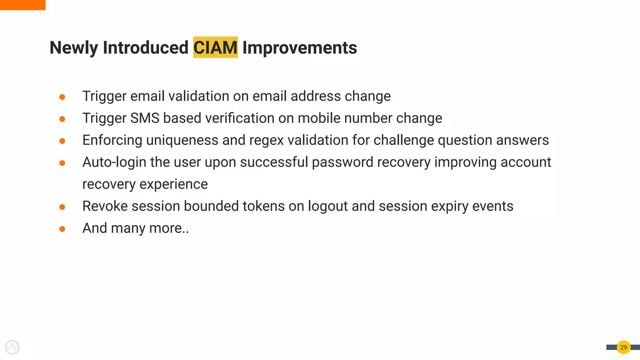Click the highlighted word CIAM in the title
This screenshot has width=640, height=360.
[x=215, y=47]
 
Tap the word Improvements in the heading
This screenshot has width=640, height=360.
[x=299, y=47]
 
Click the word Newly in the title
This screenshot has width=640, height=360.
[x=74, y=47]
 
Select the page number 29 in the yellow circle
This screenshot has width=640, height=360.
[x=623, y=347]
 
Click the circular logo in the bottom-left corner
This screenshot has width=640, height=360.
[x=12, y=347]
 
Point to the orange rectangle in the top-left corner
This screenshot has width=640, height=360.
[x=22, y=5]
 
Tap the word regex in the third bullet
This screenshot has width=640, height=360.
[x=266, y=140]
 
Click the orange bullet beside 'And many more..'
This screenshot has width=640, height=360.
[x=62, y=229]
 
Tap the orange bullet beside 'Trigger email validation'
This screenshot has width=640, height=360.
[x=62, y=97]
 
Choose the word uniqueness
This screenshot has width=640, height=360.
[x=182, y=140]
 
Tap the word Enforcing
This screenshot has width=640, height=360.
[x=112, y=140]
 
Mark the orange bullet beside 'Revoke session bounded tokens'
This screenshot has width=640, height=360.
[x=62, y=207]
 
